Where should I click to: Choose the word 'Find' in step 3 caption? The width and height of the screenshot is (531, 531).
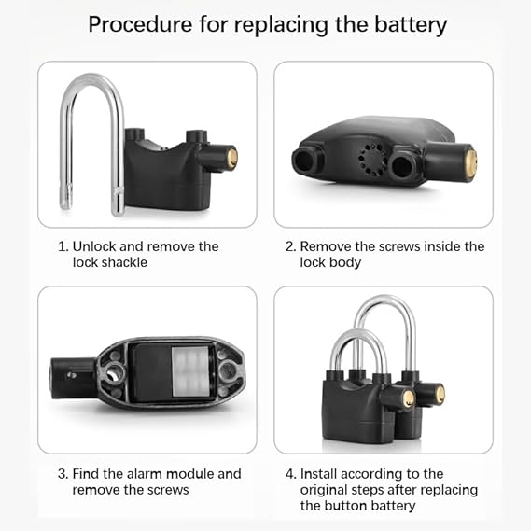point(87,474)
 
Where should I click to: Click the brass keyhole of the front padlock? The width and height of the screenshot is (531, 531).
point(408,398)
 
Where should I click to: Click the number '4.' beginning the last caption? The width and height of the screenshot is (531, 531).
point(290,474)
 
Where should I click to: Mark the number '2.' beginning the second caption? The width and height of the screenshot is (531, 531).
point(290,246)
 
